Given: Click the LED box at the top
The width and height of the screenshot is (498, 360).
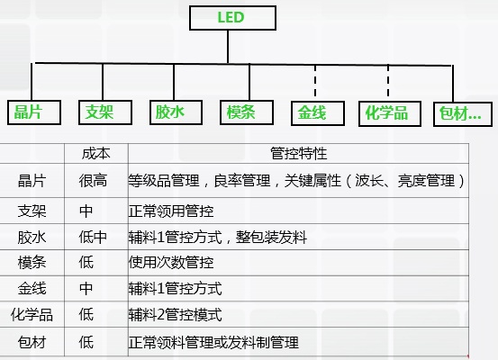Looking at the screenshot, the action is [x=232, y=18].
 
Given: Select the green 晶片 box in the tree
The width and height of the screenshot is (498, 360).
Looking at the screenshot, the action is [x=34, y=112].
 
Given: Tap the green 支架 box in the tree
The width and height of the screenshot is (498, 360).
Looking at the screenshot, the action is [x=105, y=112].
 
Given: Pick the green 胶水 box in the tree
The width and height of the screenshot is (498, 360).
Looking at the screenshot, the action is [x=176, y=112].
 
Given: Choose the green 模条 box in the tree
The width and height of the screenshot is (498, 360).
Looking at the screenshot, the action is [x=247, y=112].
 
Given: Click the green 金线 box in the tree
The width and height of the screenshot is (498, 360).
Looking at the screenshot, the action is [x=318, y=113].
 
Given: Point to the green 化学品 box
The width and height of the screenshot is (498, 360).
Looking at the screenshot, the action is [x=390, y=113].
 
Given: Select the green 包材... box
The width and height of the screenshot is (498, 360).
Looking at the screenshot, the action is [x=463, y=114].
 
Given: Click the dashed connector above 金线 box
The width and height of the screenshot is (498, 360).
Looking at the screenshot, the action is [x=315, y=81].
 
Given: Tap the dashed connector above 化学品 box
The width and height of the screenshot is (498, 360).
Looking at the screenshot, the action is [x=388, y=81].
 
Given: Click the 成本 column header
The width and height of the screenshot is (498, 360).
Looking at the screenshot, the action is [x=96, y=154].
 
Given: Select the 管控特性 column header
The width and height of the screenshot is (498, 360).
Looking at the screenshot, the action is [x=299, y=154].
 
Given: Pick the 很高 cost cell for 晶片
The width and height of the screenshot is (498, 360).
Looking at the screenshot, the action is [x=93, y=181].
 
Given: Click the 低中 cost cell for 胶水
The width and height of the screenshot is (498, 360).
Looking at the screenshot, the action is [x=93, y=237].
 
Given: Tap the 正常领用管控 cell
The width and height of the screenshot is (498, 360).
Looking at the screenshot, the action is [x=171, y=211].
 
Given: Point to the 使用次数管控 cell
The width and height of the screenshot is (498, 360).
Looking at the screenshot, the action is [x=171, y=263].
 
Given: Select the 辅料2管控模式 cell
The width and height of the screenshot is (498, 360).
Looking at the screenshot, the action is [x=176, y=315].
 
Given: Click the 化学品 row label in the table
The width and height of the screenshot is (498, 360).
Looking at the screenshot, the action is [x=32, y=315].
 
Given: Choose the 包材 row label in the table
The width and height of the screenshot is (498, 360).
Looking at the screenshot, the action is [x=32, y=342].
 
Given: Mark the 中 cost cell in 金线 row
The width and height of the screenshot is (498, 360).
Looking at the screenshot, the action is [x=86, y=289].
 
